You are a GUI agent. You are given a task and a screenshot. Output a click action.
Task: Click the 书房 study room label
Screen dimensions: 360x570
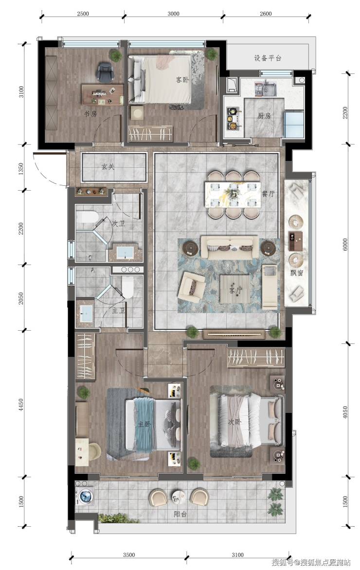pyautogui.click(x=90, y=114)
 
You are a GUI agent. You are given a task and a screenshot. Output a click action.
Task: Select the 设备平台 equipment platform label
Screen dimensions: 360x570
pyautogui.click(x=268, y=58)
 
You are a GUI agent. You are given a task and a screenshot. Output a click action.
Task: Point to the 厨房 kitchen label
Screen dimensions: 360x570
pyautogui.click(x=264, y=116)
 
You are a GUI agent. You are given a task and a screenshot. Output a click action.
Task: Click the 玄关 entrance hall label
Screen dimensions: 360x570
pyautogui.click(x=108, y=167)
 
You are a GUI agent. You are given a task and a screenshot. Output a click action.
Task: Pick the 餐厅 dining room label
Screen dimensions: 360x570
pyautogui.click(x=268, y=194)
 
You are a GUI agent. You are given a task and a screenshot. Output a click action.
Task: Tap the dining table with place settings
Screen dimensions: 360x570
pyautogui.click(x=233, y=195)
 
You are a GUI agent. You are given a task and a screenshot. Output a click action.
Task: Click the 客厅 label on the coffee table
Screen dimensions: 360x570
pyautogui.click(x=235, y=291)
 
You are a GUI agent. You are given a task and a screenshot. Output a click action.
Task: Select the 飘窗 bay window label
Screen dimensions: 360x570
pyautogui.click(x=297, y=272)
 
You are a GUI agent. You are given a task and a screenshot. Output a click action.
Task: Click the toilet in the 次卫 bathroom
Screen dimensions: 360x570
pyautogui.click(x=87, y=217)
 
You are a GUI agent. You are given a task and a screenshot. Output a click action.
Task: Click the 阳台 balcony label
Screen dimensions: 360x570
pyautogui.click(x=180, y=515)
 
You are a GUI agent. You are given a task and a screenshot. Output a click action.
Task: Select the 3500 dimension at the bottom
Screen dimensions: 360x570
pyautogui.click(x=129, y=555)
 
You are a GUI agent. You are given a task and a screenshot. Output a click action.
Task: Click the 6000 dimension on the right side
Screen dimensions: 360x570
pyautogui.click(x=345, y=244)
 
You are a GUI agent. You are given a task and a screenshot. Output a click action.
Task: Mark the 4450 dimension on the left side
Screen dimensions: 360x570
pyautogui.click(x=21, y=405)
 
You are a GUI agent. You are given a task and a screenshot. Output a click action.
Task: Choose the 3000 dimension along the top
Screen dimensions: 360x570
pyautogui.click(x=174, y=14)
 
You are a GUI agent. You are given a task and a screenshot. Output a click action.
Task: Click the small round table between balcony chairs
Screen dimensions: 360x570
pyautogui.click(x=179, y=496)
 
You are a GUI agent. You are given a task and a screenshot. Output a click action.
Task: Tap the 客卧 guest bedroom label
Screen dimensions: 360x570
pyautogui.click(x=182, y=80)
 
